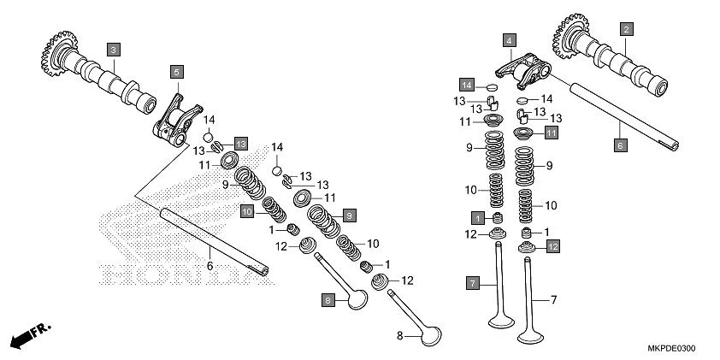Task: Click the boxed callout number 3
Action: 113,50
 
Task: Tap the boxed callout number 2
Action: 626,29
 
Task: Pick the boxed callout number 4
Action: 509,40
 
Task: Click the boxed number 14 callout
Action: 467,86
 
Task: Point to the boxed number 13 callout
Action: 240,144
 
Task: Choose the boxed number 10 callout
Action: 247,210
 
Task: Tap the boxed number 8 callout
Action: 327,299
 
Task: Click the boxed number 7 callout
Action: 471,282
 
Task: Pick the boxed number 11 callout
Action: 551,133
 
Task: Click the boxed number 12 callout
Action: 552,246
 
